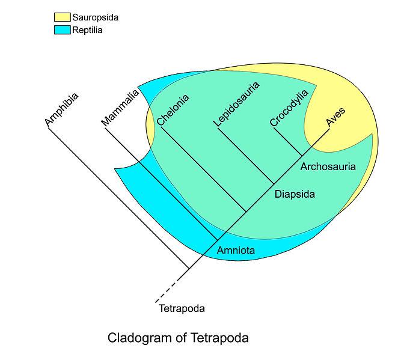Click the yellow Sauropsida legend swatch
point(62,17)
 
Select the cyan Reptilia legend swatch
point(62,30)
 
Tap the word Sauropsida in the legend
point(95,17)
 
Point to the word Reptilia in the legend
point(87,30)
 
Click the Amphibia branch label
point(61,109)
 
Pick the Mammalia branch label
point(120,108)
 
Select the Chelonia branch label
point(173,110)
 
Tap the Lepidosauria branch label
point(236,104)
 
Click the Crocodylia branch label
point(289,108)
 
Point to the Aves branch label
point(335,117)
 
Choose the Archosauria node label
point(328,166)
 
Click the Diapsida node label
point(295,194)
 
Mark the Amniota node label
point(236,250)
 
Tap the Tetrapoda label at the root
point(182,308)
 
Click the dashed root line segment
point(172,285)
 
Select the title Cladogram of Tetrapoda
point(178,338)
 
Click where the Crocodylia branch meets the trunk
point(302,156)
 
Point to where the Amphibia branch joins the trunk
point(189,269)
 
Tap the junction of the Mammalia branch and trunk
point(218,240)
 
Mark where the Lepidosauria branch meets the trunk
point(274,184)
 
